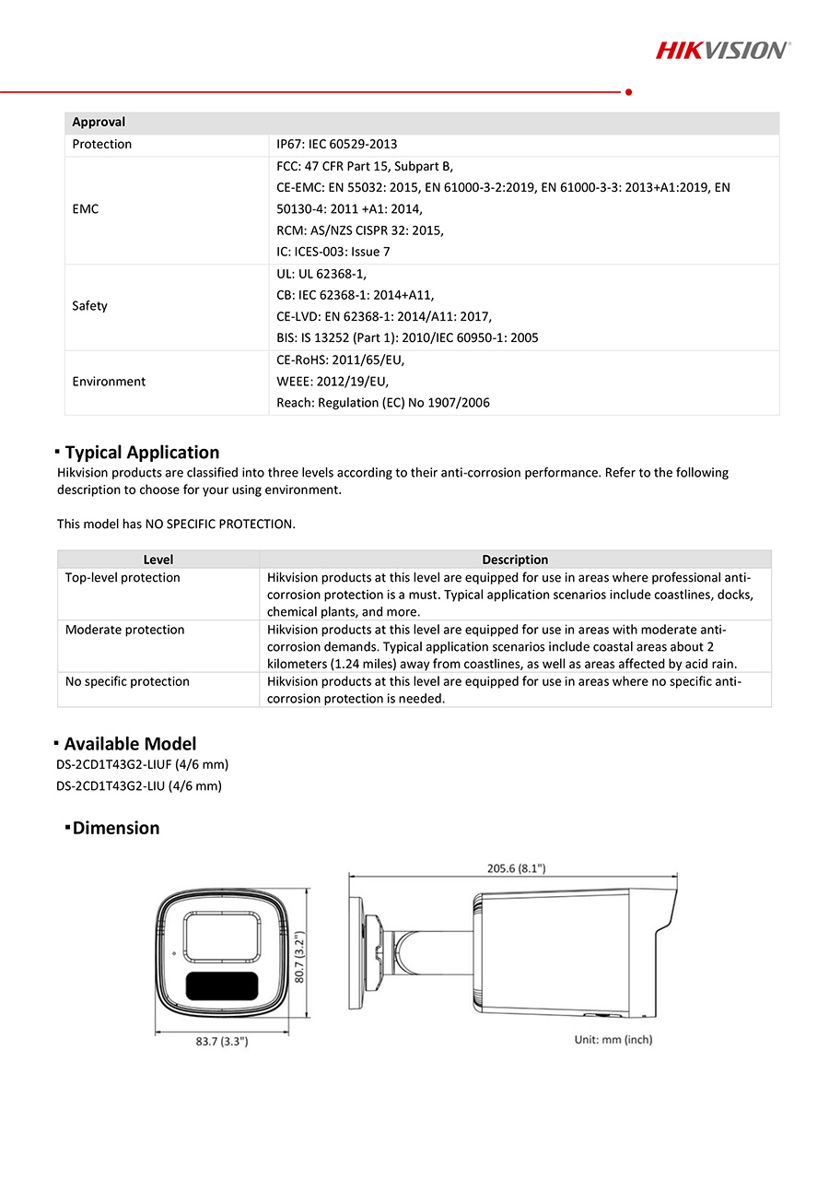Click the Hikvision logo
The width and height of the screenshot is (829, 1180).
click(x=722, y=50)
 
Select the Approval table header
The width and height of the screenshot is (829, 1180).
click(x=99, y=123)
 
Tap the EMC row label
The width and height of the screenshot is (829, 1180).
click(x=85, y=209)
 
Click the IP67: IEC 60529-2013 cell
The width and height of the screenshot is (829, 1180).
click(x=337, y=145)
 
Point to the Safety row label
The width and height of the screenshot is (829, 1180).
click(x=89, y=306)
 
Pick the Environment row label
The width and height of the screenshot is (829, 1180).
click(x=109, y=382)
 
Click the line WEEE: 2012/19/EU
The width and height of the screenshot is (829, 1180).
click(x=333, y=382)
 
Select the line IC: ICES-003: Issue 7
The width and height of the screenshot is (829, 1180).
click(x=333, y=252)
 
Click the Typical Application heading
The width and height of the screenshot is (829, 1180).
click(x=142, y=453)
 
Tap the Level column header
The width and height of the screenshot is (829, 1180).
click(x=158, y=560)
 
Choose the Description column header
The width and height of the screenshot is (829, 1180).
click(x=515, y=560)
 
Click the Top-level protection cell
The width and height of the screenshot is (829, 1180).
click(x=123, y=578)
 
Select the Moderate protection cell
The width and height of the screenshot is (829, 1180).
click(x=124, y=631)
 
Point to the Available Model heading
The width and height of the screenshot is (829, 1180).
click(x=130, y=744)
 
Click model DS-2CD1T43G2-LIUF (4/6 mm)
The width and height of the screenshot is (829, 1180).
click(x=142, y=765)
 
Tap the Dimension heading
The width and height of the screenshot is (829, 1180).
click(x=116, y=828)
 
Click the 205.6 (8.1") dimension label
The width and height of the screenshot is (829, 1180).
click(x=516, y=867)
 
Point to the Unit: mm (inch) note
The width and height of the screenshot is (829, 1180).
click(x=613, y=1039)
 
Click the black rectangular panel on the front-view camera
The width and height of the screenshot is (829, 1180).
click(x=222, y=985)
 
